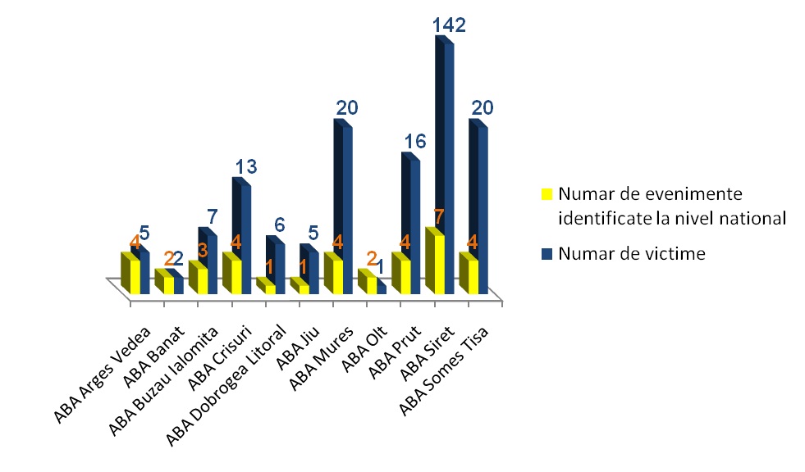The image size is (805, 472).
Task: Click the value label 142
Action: [449, 26]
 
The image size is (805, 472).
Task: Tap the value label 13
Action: [246, 167]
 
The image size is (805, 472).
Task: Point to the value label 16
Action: [414, 141]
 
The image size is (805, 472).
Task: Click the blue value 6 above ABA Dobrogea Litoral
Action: [280, 225]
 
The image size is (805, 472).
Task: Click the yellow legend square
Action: [547, 194]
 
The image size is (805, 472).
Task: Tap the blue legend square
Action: [547, 254]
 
